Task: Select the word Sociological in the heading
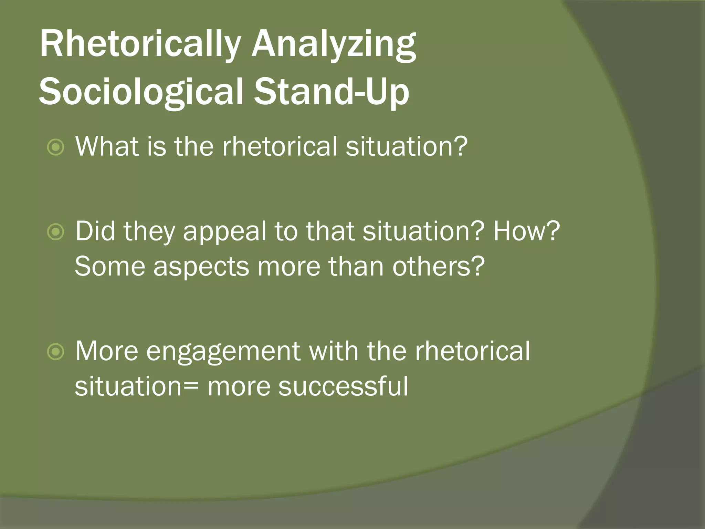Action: pos(141,91)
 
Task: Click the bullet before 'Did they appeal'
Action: pos(55,232)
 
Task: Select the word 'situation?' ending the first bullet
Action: pos(407,146)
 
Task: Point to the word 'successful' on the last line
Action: pos(343,386)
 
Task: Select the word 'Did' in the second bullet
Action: pos(95,231)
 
